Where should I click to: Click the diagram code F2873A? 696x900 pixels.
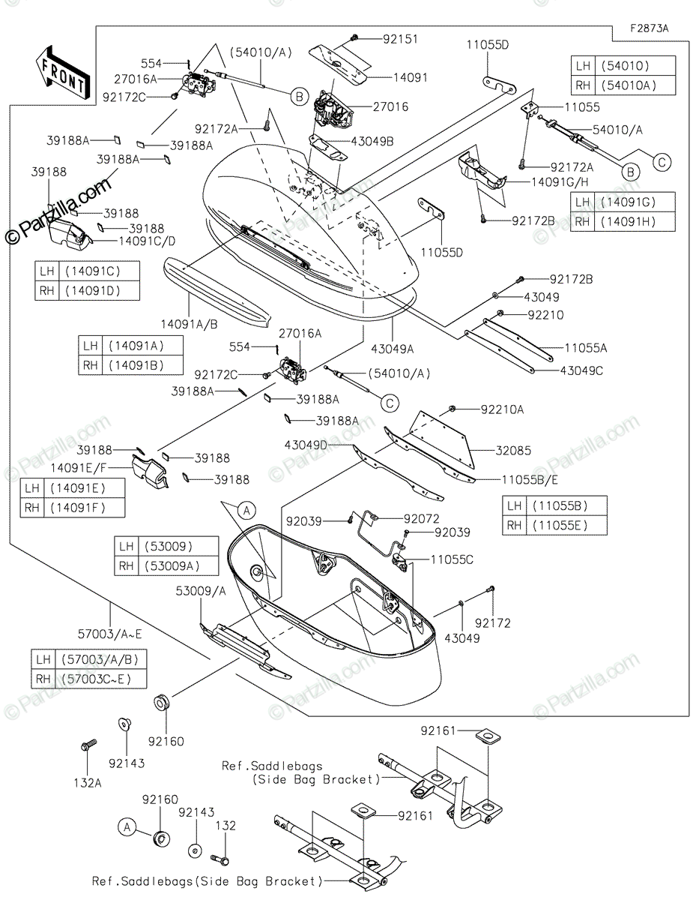tap(650, 28)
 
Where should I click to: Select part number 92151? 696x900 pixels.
tap(400, 39)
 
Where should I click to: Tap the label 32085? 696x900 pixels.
tap(513, 450)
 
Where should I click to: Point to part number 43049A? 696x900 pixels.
tap(392, 349)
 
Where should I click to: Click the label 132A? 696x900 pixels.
tap(87, 783)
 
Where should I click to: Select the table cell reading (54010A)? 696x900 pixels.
tap(635, 85)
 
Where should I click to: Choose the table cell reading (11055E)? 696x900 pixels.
tap(566, 526)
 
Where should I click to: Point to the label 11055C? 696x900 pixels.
tap(452, 559)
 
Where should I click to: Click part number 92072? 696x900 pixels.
tap(421, 518)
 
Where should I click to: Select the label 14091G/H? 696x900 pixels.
tap(560, 181)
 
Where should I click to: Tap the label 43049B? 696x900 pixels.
tap(372, 141)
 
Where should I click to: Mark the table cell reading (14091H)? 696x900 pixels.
tap(635, 221)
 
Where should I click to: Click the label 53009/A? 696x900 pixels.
tap(201, 591)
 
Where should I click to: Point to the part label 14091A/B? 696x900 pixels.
tap(189, 324)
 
